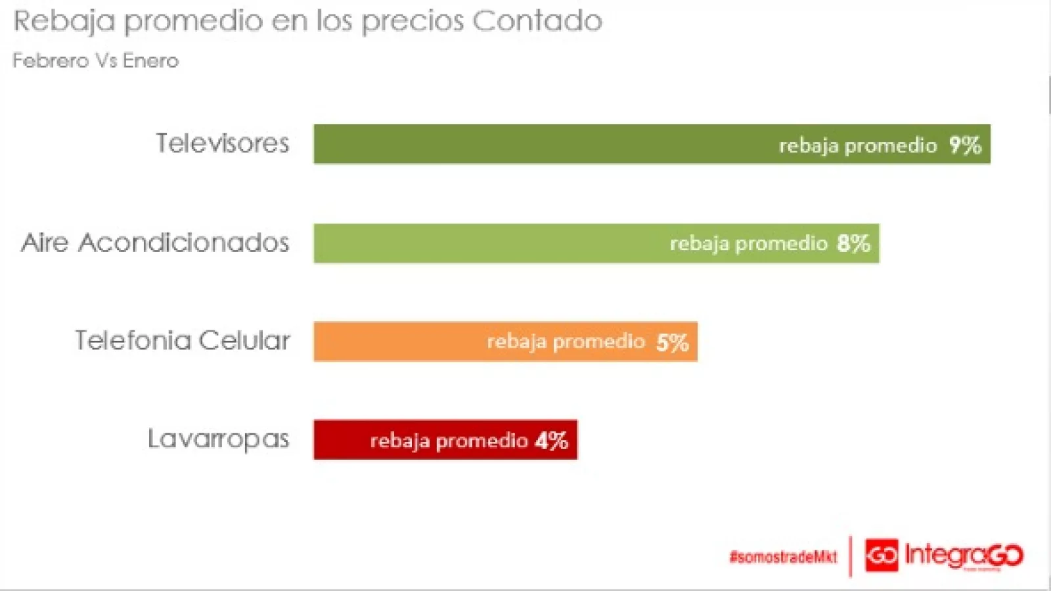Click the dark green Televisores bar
539,144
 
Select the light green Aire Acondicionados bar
486,244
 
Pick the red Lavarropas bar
342,440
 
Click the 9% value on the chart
964,145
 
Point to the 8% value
853,244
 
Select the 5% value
672,342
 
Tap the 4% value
551,441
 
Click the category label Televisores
222,143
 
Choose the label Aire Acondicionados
155,243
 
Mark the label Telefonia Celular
182,341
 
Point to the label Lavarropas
218,439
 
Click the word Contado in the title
537,21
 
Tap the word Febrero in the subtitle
51,61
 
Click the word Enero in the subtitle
150,61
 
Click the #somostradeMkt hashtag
783,557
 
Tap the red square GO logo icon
882,556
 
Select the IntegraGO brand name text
964,556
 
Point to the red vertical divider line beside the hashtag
851,556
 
